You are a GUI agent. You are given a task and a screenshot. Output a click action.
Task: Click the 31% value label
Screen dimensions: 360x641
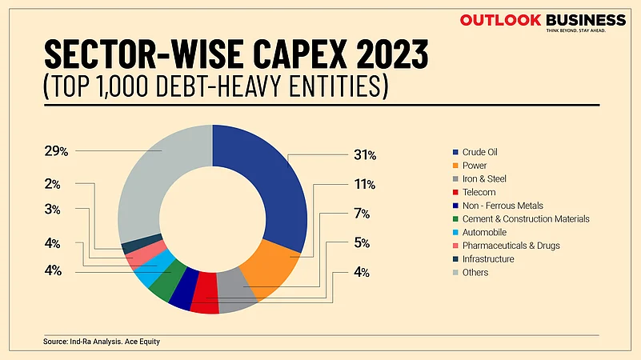click(364, 154)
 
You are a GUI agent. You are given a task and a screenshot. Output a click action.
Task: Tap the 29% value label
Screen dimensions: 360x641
click(57, 150)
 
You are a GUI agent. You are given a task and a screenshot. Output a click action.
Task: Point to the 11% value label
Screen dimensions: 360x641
click(364, 184)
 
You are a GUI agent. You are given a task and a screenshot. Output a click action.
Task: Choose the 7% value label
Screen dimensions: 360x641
click(362, 214)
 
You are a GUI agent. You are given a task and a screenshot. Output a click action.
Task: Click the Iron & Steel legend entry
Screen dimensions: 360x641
click(484, 178)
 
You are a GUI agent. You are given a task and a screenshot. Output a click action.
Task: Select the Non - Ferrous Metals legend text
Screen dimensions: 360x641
click(503, 206)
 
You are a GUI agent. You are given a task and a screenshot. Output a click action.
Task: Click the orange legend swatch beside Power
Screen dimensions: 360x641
click(455, 166)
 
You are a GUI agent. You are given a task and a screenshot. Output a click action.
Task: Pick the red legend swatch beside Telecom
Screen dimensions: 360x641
click(455, 192)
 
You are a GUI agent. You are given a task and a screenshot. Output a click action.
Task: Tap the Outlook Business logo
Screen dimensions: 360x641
click(542, 22)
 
